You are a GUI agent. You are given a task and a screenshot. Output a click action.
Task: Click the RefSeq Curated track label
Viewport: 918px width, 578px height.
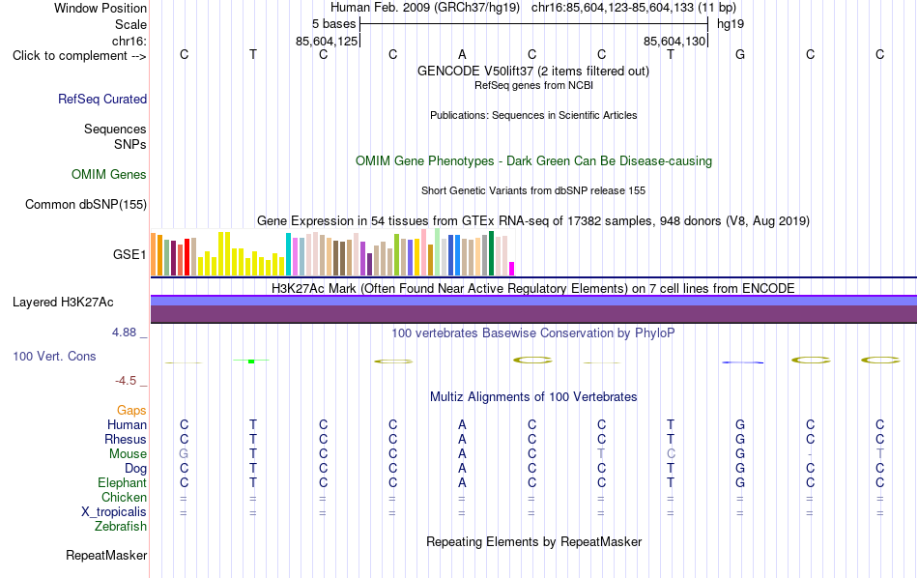[x=102, y=99]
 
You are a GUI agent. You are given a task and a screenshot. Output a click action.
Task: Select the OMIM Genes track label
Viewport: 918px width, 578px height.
[x=109, y=175]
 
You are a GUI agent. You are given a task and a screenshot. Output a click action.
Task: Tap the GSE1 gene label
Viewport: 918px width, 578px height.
[x=129, y=254]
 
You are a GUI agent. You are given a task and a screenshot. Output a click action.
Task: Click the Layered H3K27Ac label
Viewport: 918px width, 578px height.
[x=63, y=303]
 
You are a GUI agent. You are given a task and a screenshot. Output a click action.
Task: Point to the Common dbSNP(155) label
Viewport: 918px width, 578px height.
[x=86, y=204]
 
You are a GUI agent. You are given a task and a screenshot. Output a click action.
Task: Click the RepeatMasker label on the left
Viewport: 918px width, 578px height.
[x=106, y=555]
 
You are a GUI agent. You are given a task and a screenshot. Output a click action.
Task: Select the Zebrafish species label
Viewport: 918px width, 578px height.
[x=121, y=527]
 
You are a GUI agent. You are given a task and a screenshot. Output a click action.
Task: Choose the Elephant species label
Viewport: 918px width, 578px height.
[x=123, y=483]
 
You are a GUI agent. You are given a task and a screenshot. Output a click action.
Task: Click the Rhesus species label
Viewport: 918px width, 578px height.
[x=126, y=440]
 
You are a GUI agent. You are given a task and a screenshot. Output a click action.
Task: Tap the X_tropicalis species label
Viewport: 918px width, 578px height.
[x=114, y=512]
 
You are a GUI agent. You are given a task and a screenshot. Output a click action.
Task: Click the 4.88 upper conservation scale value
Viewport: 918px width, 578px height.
[x=124, y=332]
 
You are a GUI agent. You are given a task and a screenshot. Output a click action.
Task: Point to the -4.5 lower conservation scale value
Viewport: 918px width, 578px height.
[x=126, y=381]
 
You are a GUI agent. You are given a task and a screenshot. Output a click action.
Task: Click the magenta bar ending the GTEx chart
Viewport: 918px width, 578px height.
[x=512, y=269]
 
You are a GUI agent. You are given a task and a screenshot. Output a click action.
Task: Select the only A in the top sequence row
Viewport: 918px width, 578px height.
[x=462, y=55]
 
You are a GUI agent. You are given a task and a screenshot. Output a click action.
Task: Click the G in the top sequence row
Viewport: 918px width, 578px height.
[x=740, y=55]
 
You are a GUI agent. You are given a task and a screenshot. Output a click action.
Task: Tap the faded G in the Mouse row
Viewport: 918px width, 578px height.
[x=184, y=454]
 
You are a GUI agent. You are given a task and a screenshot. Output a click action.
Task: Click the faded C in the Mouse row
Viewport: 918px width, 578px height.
[x=671, y=454]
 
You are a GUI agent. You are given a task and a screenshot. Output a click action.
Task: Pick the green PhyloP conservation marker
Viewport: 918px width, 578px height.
[x=251, y=361]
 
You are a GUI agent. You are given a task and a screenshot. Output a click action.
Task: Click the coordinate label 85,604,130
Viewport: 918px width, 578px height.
[x=674, y=41]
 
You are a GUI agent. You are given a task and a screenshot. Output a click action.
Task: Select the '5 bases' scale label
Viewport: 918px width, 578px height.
[x=333, y=24]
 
